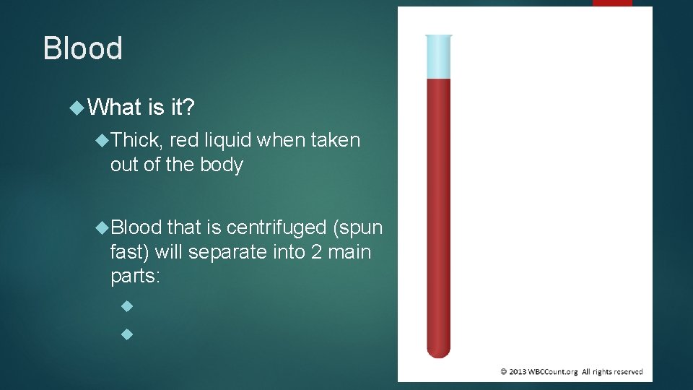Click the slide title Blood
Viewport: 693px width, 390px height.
[x=83, y=48]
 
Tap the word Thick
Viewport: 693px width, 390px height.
[x=136, y=139]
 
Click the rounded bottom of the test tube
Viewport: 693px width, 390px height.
[x=438, y=350]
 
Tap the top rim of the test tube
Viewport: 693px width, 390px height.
[x=438, y=35]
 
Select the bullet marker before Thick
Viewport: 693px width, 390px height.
[x=102, y=139]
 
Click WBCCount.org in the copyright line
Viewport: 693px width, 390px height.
[x=553, y=371]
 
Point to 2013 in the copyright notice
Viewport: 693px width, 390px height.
[x=518, y=371]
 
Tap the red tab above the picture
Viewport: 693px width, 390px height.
[x=612, y=3]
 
